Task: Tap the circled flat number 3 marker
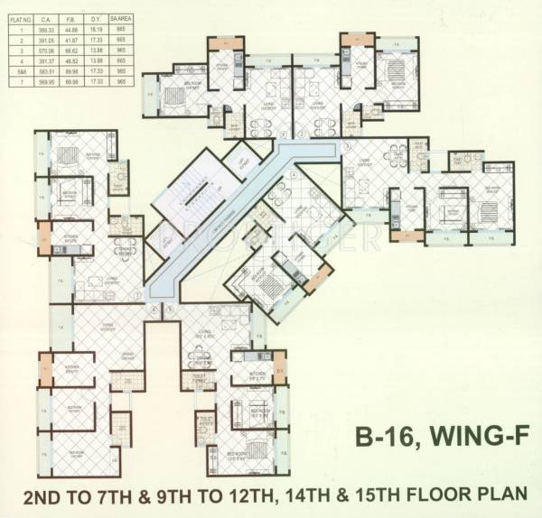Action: point(347,145)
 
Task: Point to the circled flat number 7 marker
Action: point(137,294)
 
